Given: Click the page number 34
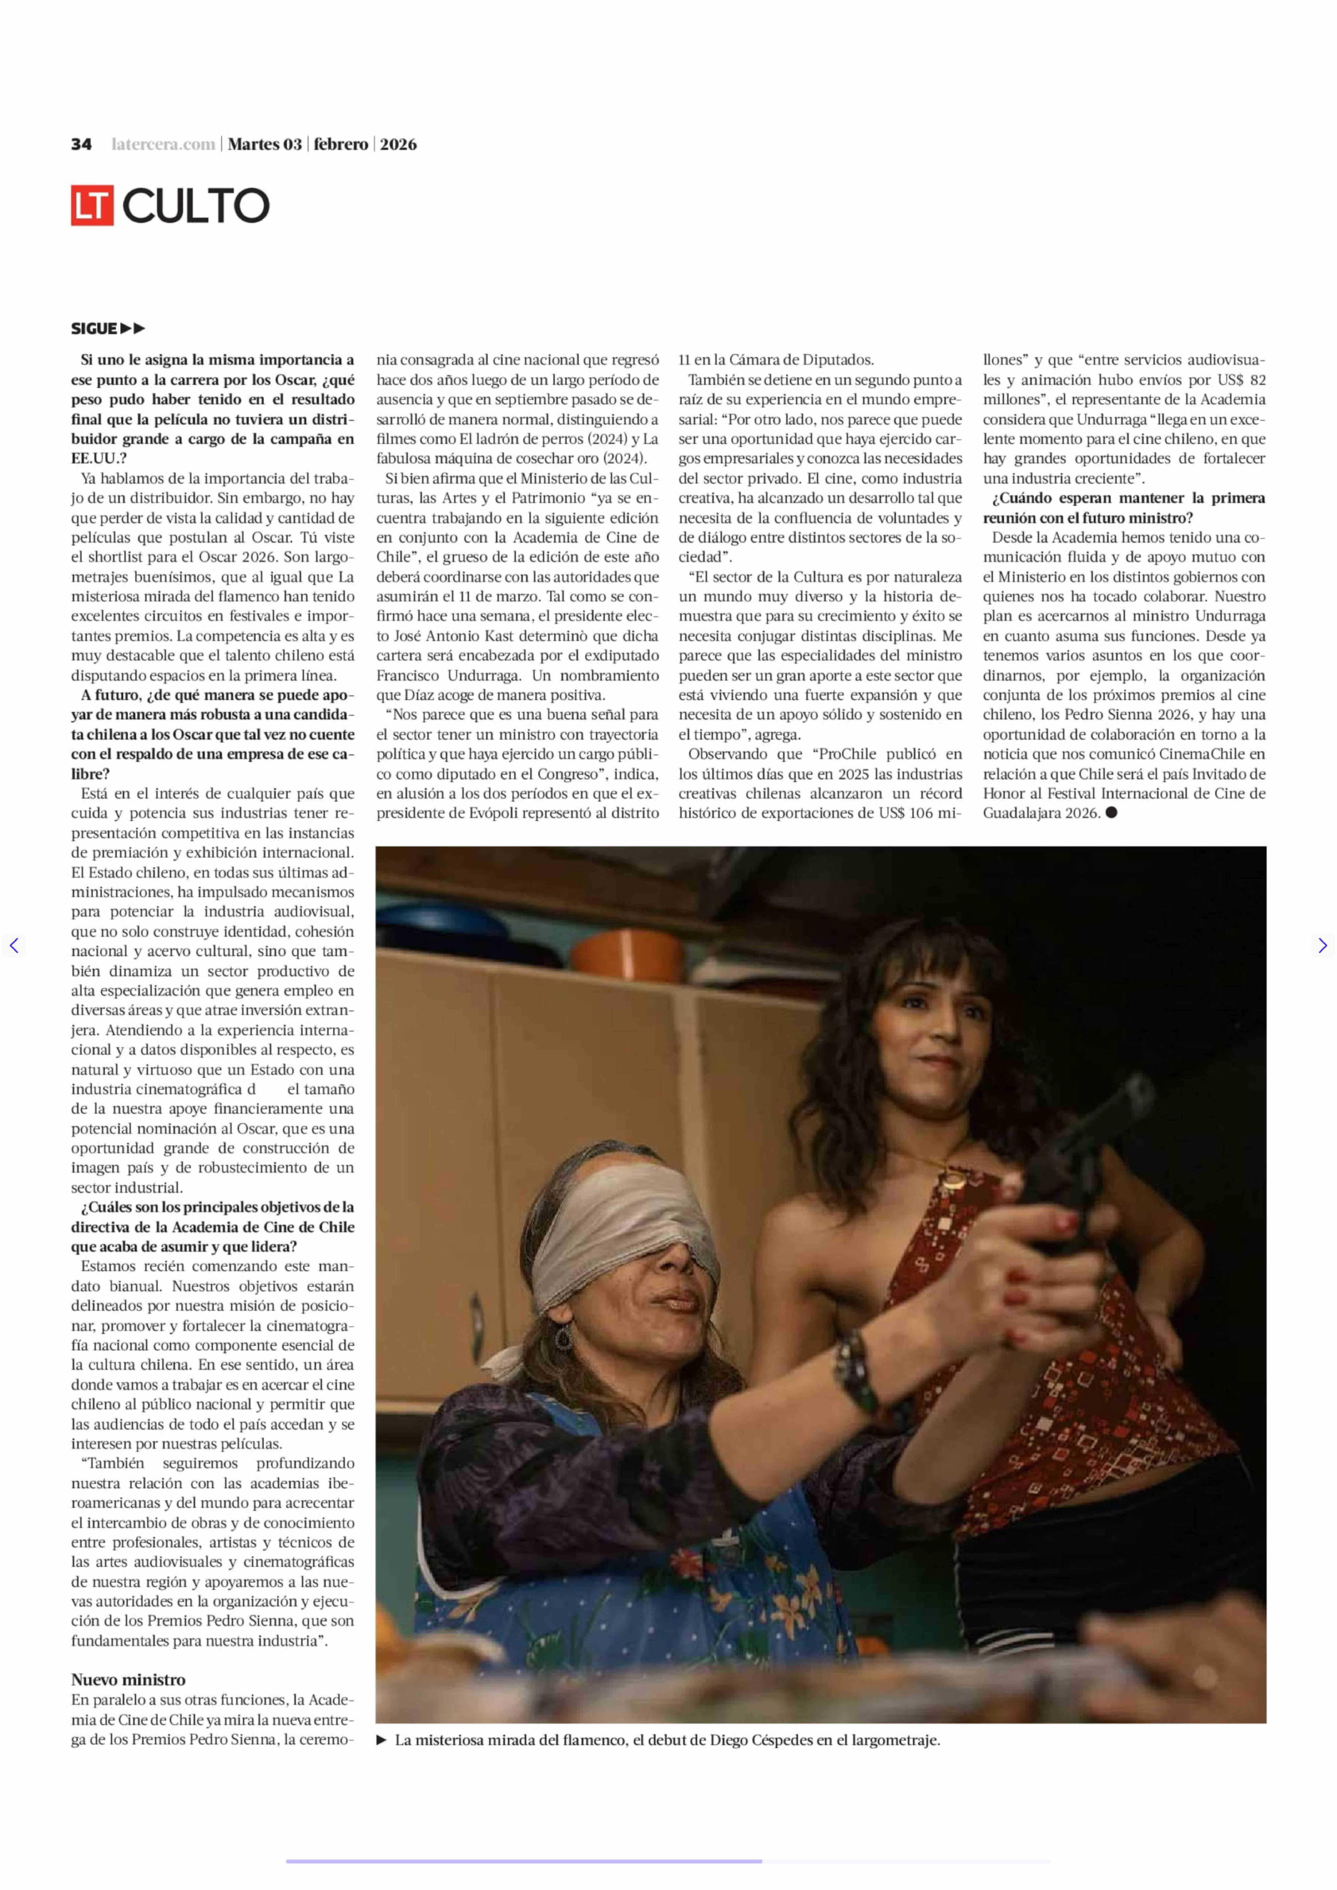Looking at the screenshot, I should pyautogui.click(x=81, y=144).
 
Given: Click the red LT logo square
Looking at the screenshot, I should pyautogui.click(x=91, y=205).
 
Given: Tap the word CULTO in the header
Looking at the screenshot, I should pyautogui.click(x=196, y=206).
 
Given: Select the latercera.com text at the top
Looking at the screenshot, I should pyautogui.click(x=163, y=144).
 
